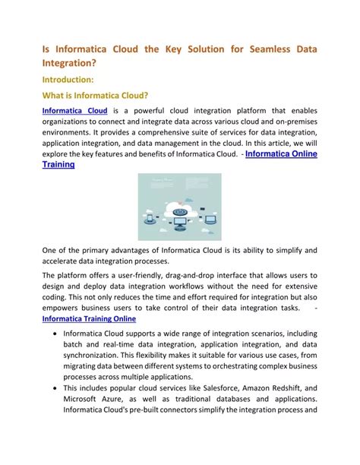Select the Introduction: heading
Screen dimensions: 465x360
[68, 78]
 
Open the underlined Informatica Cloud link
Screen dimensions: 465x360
[74, 111]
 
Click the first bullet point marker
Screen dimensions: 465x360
[47, 334]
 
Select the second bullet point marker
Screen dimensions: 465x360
[47, 387]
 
